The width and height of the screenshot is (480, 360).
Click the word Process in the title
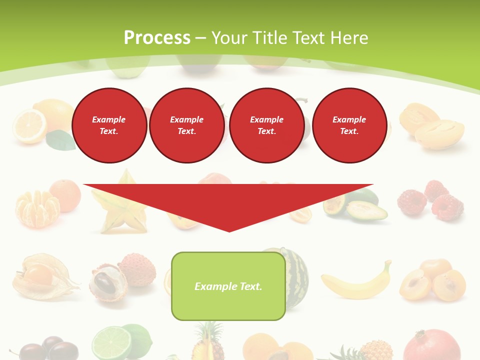157,38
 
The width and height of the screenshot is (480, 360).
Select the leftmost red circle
109,125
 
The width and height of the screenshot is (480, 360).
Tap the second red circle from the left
186,125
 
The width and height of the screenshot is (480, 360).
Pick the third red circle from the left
266,125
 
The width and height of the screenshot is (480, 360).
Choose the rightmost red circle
349,125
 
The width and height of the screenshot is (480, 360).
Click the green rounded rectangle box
228,286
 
